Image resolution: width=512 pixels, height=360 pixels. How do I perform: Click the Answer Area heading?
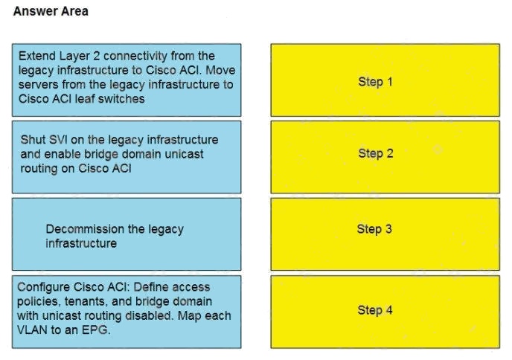pyautogui.click(x=51, y=11)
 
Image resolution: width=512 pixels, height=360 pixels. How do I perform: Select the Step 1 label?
pyautogui.click(x=375, y=82)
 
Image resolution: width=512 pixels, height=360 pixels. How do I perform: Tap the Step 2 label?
pyautogui.click(x=376, y=153)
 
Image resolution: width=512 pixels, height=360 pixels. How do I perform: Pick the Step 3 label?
pyautogui.click(x=374, y=229)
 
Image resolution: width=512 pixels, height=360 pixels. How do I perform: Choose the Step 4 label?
pyautogui.click(x=375, y=309)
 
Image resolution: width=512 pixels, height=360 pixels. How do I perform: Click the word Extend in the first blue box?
pyautogui.click(x=37, y=56)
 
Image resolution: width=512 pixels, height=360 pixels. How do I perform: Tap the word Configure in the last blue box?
pyautogui.click(x=43, y=287)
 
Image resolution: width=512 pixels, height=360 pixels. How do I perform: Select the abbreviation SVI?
pyautogui.click(x=57, y=140)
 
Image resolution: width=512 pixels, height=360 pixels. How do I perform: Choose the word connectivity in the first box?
pyautogui.click(x=136, y=56)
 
